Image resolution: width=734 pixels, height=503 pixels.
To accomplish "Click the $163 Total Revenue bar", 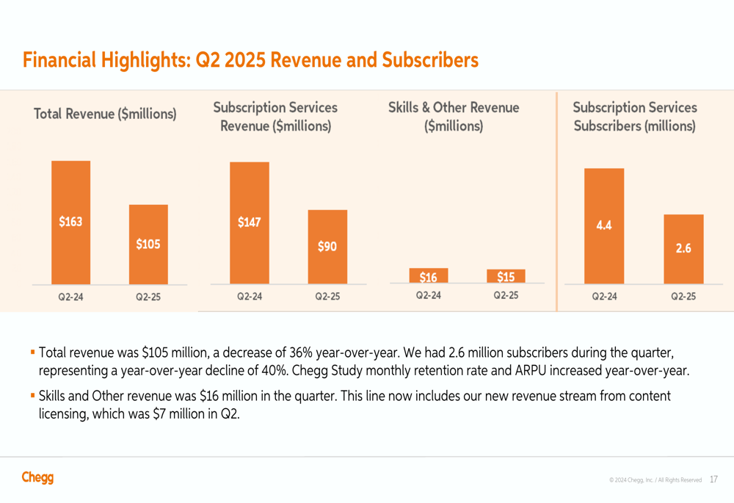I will [70, 222].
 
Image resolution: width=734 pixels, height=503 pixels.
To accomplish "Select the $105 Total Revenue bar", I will [148, 244].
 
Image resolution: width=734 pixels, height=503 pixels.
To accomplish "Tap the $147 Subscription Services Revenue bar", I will [250, 222].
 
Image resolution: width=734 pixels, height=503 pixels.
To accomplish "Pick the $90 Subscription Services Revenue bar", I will [327, 247].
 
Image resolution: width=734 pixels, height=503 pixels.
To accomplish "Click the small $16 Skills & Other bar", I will [429, 276].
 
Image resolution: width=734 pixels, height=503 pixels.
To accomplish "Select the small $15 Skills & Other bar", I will [506, 276].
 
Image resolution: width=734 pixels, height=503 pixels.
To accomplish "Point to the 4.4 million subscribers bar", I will [604, 225].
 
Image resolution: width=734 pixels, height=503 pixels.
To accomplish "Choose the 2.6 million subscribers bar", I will [683, 248].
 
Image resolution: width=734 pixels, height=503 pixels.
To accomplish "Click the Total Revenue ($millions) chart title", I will [105, 114].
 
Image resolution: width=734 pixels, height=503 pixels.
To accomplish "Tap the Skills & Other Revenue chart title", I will [454, 117].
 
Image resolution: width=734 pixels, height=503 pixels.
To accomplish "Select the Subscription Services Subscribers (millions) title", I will [635, 117].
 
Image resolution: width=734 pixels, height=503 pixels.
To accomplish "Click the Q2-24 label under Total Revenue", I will [70, 297].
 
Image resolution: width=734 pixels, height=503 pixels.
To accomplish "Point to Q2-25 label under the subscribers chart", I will [683, 297].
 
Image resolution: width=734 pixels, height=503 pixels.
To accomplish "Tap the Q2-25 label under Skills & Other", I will [506, 295].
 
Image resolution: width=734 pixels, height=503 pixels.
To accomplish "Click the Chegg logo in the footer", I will [37, 477].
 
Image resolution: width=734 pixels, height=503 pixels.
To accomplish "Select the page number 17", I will [714, 480].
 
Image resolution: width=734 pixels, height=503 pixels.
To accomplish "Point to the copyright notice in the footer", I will [655, 480].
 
